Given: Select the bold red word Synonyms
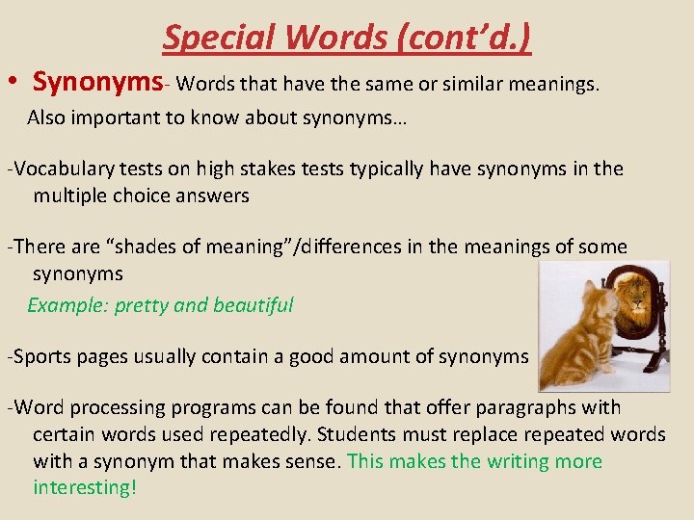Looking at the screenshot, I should [x=96, y=84].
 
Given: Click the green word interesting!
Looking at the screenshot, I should [x=85, y=487].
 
